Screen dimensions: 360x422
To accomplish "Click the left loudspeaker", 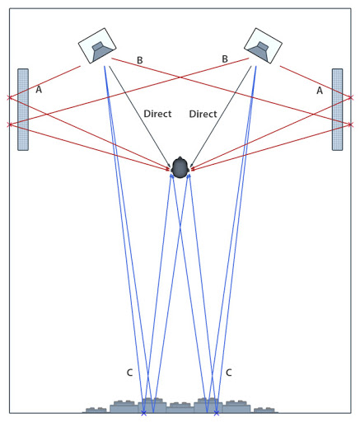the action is coord(97,45).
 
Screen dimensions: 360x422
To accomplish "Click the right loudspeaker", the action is coord(263,45).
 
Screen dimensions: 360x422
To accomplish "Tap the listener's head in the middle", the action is coord(180,168).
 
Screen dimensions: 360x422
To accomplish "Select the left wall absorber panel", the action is coord(23,110).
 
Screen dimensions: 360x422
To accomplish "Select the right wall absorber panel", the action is coord(337,110).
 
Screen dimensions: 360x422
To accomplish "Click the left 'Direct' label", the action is coord(157,114).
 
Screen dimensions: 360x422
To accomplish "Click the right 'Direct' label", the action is coord(203,114).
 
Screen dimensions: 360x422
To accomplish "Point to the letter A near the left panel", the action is coord(39,90).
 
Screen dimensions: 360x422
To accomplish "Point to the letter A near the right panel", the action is coord(320,91).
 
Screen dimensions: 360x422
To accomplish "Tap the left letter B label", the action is coord(140,60).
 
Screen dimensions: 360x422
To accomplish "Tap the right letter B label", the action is coord(225,59).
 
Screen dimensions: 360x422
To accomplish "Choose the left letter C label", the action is coord(129,373).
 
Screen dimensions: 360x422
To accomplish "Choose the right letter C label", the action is coord(229,373).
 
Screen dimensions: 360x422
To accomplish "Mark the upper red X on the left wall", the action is coord(10,97).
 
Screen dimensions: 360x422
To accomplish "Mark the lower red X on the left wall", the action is coord(10,124).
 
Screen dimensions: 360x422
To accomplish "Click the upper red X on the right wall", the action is coord(351,97).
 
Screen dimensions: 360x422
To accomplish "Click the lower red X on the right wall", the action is coord(350,124).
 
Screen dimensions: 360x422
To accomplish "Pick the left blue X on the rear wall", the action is coord(143,413).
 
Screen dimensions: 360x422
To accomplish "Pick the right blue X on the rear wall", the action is coord(217,413).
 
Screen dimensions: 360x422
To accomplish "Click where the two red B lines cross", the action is coord(180,77).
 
